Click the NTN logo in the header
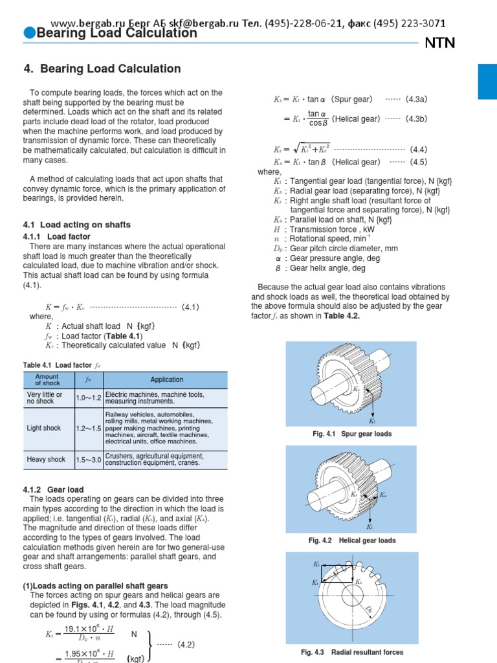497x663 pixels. (439, 43)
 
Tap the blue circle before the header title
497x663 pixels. (29, 34)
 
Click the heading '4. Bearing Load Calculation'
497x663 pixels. (102, 69)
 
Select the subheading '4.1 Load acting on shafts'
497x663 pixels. (76, 225)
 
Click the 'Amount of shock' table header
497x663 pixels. (47, 380)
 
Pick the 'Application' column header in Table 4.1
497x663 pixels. (166, 380)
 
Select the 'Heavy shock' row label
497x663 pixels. (46, 460)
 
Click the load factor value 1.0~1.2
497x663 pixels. (88, 398)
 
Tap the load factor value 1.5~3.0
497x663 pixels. (88, 460)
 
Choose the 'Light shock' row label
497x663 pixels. (44, 428)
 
